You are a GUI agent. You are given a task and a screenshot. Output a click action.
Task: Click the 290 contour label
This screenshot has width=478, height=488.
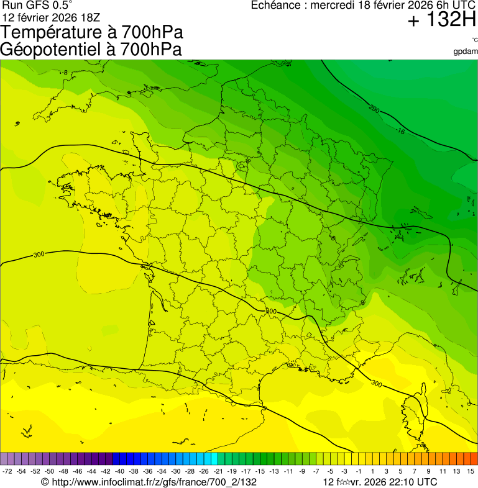point(374,110)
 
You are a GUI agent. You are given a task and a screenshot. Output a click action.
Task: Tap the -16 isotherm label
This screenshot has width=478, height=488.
point(400,131)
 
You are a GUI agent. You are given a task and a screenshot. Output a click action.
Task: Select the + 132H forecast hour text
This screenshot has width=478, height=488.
point(441,20)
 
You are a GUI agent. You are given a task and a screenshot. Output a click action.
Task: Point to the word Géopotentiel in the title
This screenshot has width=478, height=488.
point(50,50)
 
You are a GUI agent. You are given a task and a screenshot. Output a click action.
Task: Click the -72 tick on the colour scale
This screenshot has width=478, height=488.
point(7,472)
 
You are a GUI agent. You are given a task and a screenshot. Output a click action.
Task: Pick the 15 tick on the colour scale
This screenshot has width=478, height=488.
point(471,472)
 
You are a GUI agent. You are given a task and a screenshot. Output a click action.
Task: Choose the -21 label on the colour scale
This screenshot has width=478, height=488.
point(218,472)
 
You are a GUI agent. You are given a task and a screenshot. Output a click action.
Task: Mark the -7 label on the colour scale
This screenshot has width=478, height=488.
point(316,472)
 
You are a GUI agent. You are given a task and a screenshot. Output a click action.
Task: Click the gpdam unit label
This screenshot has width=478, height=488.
point(465,52)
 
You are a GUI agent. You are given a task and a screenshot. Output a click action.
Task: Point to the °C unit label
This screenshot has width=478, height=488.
point(474,40)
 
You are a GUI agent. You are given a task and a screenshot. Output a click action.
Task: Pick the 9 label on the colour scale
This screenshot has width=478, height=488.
point(429,472)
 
